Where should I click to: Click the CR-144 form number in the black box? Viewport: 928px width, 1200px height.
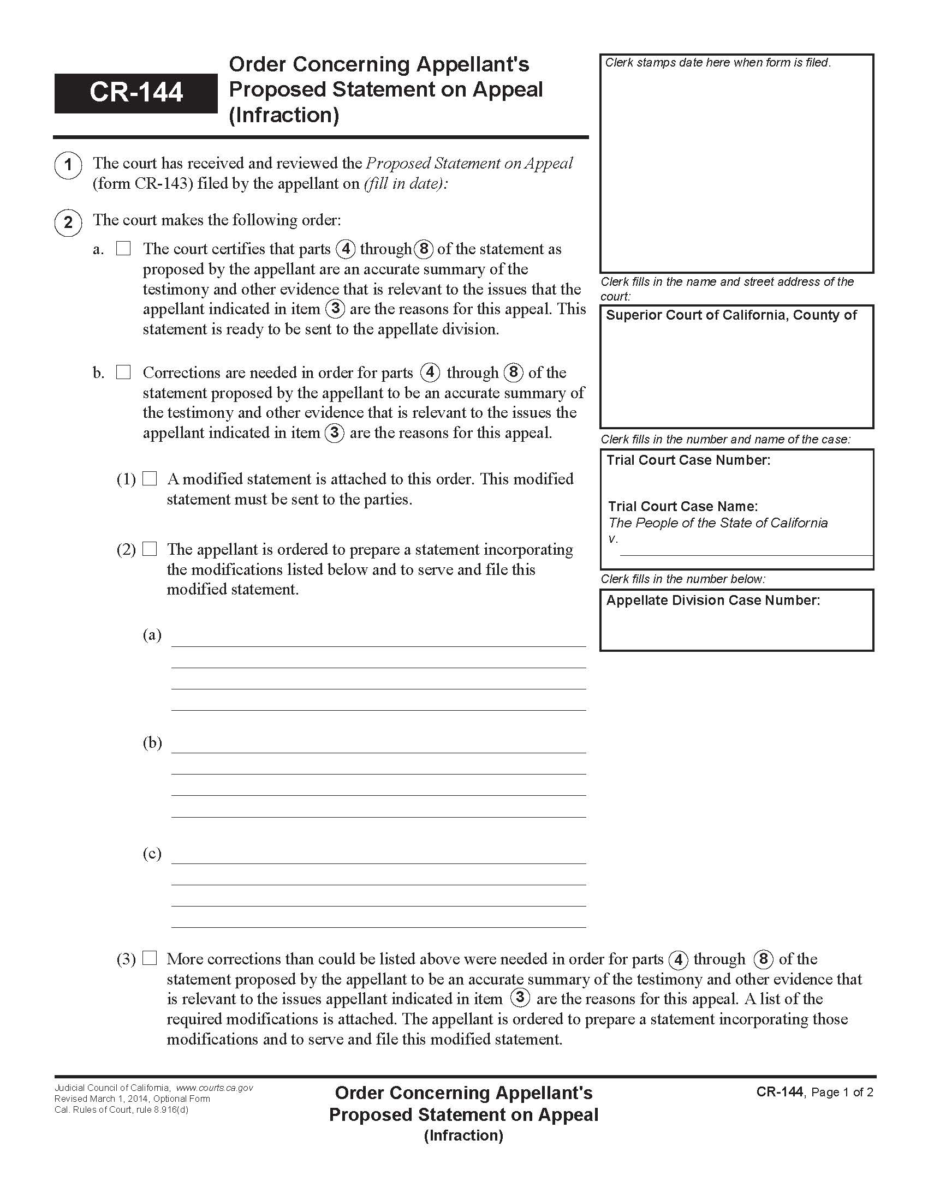pos(136,92)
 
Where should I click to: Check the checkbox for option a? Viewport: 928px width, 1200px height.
pos(123,249)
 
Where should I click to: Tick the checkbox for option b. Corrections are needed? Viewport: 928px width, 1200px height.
pos(123,373)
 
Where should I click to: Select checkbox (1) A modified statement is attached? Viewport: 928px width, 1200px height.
pos(150,478)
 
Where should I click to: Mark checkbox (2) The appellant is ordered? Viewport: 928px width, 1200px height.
pos(150,549)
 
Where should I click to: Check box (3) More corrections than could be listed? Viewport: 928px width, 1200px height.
pos(150,958)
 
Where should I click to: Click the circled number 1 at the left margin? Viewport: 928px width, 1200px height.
pos(68,164)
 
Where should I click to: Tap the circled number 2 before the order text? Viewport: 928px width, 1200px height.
pos(68,223)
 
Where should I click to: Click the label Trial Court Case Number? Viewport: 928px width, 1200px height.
pos(688,460)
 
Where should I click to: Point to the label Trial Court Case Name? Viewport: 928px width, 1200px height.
pos(682,506)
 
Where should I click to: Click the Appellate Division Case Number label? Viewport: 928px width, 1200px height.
pos(712,600)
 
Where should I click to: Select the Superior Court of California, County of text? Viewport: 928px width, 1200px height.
pos(730,315)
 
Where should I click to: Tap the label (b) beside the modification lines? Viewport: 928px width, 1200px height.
pos(152,743)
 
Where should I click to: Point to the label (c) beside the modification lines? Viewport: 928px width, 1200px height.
pos(152,853)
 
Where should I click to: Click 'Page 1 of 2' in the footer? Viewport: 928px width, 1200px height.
pos(842,1092)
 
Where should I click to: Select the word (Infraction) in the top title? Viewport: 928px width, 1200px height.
pos(284,115)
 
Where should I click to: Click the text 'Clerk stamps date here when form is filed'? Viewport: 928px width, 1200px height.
pos(717,63)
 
